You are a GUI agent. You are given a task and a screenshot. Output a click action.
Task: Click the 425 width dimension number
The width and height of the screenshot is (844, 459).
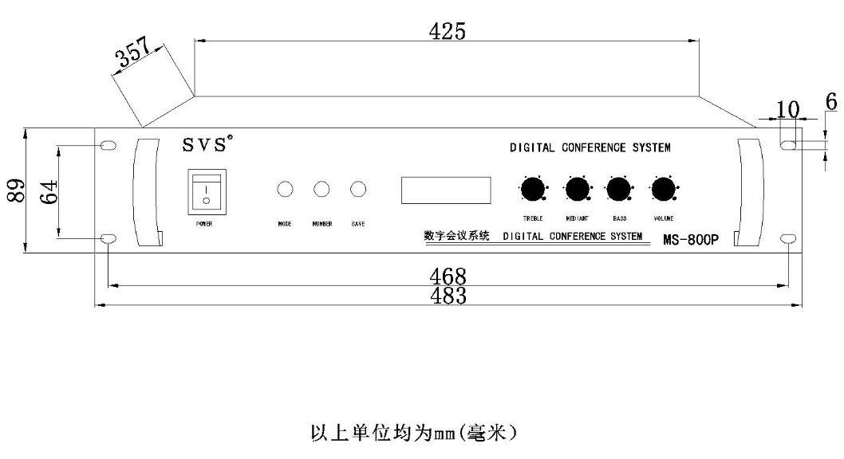coord(448,31)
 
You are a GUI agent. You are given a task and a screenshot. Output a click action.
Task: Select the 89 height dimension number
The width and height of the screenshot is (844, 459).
coord(16,190)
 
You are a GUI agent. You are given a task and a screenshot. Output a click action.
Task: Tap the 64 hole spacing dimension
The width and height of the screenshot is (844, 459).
coord(49,191)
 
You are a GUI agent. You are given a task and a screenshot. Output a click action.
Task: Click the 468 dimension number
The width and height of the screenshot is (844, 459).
coord(448,277)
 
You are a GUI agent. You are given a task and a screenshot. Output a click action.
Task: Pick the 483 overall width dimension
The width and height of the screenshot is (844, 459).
coord(448,296)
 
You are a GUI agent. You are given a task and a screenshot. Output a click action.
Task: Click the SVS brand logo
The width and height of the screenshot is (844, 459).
coord(207,143)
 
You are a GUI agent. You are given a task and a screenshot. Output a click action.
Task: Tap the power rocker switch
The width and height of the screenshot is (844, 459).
coord(207,192)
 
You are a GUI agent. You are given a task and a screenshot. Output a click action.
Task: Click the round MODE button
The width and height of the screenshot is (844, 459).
coord(285,189)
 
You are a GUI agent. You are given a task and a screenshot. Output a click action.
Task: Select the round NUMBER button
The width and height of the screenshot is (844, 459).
coord(321,189)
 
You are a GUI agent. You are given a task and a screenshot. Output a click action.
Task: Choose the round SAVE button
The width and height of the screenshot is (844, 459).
coord(358,189)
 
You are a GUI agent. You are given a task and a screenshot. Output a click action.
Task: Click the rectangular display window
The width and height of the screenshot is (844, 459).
coord(446,190)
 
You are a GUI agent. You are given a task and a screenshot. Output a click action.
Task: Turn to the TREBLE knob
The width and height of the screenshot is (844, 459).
coord(533,189)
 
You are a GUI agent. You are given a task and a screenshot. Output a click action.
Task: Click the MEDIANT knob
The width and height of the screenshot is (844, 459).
coord(577,189)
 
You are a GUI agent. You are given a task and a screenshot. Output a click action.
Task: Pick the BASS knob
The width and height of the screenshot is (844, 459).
coord(618,189)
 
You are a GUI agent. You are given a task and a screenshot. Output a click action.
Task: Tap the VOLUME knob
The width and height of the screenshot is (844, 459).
coord(663,189)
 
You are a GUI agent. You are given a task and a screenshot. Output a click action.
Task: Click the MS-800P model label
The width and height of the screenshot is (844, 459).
coord(691,239)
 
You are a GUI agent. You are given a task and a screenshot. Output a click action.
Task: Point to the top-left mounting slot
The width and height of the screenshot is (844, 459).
coord(108,145)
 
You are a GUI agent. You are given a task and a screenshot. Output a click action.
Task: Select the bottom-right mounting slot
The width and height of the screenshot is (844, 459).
coord(789,238)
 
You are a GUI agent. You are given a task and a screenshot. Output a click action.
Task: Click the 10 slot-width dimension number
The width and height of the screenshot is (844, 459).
coord(787,110)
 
